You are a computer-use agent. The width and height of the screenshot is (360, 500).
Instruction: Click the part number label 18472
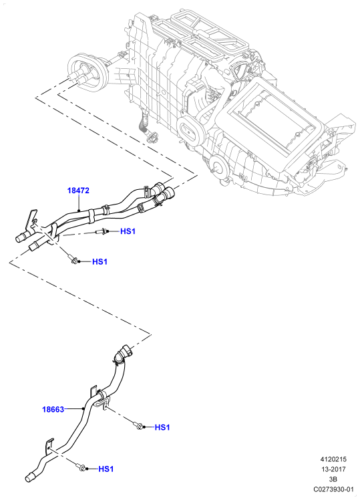pos(78,191)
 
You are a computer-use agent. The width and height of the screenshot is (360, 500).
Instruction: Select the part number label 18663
pos(53,409)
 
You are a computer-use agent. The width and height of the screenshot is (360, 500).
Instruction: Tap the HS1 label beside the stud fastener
pos(128,231)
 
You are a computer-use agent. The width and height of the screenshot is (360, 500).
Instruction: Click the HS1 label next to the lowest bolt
pos(106,469)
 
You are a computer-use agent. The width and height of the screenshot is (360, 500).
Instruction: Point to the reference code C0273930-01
pos(333,489)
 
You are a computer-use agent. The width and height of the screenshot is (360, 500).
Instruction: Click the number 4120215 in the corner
pos(333,459)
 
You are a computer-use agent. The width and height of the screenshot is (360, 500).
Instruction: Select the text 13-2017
pos(333,469)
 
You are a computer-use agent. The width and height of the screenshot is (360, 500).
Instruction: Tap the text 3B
pos(333,479)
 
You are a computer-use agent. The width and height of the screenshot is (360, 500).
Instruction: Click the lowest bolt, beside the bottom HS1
pos(80,467)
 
